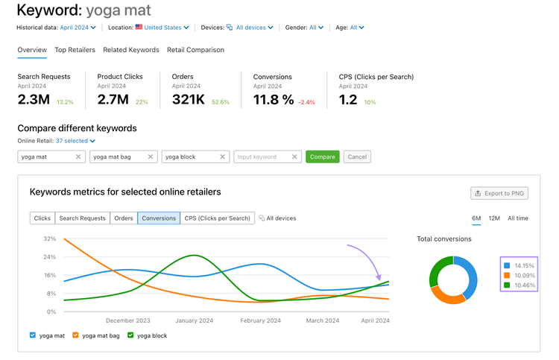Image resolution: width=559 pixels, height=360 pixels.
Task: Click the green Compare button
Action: (x=322, y=157)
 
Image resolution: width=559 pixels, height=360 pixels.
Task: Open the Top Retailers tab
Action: (x=75, y=50)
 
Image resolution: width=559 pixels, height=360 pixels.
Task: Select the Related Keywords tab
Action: (x=131, y=50)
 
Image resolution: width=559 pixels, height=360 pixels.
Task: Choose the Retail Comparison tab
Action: (x=195, y=50)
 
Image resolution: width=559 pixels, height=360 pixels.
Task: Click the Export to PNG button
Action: (x=499, y=193)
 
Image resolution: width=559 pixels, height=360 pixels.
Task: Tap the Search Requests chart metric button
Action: (x=82, y=218)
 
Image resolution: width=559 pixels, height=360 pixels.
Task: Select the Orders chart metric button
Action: (x=124, y=218)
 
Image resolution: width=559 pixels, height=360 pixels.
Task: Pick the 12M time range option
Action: (x=494, y=218)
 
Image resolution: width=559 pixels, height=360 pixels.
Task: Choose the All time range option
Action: (x=518, y=218)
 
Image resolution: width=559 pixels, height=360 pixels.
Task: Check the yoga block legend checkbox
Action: (x=130, y=335)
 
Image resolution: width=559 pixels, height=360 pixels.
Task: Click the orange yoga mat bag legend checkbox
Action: (x=75, y=335)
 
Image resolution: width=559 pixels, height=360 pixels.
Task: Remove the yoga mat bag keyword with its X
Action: (x=151, y=157)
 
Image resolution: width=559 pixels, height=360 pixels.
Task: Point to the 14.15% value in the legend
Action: (x=524, y=265)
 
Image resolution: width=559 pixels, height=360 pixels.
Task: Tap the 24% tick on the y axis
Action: (x=49, y=257)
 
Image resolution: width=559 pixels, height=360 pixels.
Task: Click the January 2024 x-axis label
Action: (x=195, y=320)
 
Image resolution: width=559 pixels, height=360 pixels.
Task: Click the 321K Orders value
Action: (x=189, y=99)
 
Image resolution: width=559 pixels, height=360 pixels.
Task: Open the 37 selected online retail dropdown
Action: (x=75, y=141)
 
